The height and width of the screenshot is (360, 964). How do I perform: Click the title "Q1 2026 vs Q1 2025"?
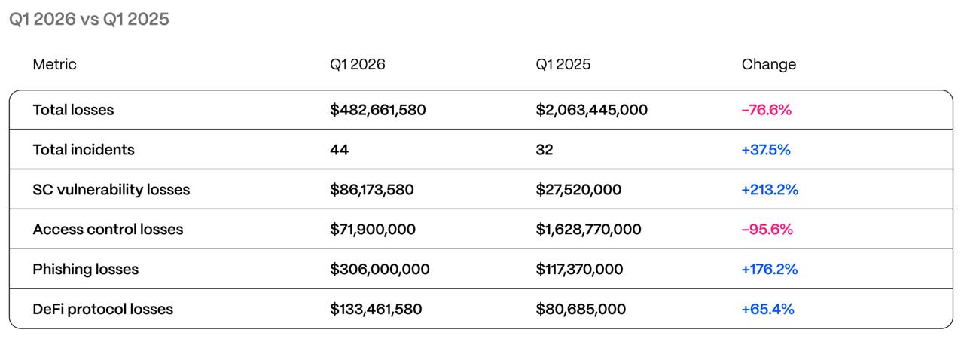click(x=89, y=20)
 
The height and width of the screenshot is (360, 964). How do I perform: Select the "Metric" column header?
click(x=54, y=64)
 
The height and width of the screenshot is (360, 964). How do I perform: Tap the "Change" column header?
click(x=768, y=64)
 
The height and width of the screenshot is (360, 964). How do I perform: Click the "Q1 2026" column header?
click(x=357, y=64)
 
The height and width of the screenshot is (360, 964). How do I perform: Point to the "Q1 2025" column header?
click(x=563, y=64)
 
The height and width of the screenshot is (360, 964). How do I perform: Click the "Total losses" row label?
click(x=73, y=110)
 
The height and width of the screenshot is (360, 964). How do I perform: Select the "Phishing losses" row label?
click(x=85, y=269)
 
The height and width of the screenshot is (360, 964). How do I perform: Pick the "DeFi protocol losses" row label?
click(x=102, y=309)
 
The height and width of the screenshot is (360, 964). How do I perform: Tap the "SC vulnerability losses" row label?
click(x=111, y=189)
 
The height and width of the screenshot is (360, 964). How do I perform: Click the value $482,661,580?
click(x=377, y=110)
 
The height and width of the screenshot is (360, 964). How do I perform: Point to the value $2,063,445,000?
click(x=591, y=110)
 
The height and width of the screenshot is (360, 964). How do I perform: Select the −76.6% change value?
click(x=766, y=110)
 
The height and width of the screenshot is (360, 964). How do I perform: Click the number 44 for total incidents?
click(x=339, y=150)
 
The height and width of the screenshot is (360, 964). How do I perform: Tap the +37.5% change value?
click(x=765, y=150)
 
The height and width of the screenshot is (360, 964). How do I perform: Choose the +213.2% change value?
click(x=769, y=189)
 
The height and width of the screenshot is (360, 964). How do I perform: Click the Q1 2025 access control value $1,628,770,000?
click(x=588, y=229)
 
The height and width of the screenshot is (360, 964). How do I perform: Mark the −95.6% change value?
click(x=767, y=229)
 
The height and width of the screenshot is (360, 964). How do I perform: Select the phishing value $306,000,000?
click(x=380, y=269)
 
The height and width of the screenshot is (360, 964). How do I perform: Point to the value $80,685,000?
click(x=581, y=309)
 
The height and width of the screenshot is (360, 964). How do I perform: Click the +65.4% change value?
click(x=767, y=309)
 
